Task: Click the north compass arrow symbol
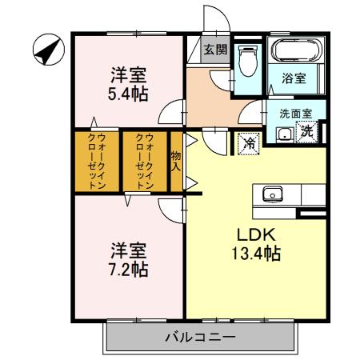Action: tap(47, 51)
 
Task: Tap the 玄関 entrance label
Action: tap(214, 50)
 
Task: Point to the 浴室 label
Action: tap(294, 78)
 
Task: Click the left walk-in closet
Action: tap(95, 161)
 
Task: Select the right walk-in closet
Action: tap(143, 161)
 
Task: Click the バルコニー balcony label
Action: tap(200, 337)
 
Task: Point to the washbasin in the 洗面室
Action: tap(284, 133)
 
